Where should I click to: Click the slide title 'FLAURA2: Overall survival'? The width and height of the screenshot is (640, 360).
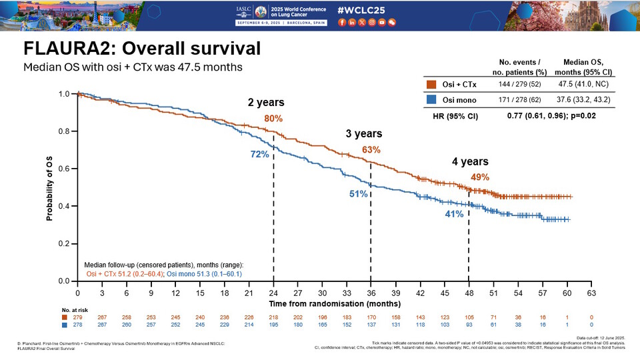[141, 49]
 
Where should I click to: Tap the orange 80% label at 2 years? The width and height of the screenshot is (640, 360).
[273, 118]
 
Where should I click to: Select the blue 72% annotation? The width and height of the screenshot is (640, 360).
[259, 154]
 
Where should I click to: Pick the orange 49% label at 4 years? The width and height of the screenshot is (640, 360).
[480, 177]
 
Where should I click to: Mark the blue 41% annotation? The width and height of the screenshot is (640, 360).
[455, 214]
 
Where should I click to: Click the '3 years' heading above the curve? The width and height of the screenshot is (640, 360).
[363, 133]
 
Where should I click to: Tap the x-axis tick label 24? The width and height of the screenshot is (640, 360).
[273, 293]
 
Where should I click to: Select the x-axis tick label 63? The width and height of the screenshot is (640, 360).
[591, 293]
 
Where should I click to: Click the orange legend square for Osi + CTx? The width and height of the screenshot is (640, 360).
[431, 85]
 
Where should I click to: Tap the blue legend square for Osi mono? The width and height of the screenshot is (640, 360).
[431, 100]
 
